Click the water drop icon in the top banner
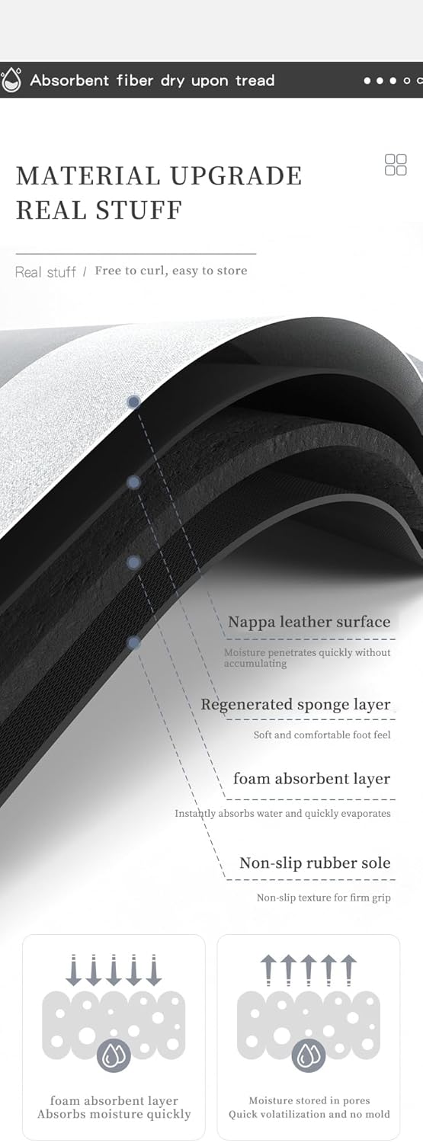11,79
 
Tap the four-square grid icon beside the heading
396,165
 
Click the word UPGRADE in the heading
236,176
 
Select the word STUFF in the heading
139,210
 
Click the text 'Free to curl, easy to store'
171,271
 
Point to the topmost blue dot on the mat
133,402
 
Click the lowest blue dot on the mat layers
133,643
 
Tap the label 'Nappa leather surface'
309,622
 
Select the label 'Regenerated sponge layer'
296,705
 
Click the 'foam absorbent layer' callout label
312,779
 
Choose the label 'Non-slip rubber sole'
315,863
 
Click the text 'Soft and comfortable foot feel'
322,735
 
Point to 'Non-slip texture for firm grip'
323,898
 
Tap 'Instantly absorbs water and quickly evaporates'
283,813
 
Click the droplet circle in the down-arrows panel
114,1055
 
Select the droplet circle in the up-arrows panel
309,1055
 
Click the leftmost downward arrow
73,969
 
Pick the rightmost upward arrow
349,969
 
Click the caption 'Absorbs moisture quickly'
114,1114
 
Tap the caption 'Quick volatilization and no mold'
309,1114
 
